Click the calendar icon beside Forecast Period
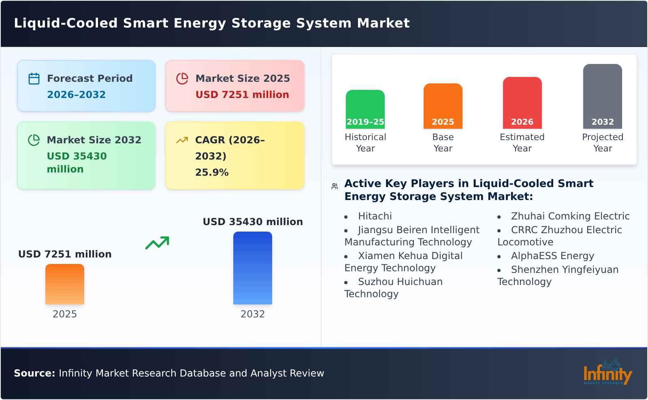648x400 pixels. pos(34,79)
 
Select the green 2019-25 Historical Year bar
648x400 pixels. pos(365,109)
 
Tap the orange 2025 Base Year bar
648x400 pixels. pos(443,106)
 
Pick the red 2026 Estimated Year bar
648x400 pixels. pos(522,102)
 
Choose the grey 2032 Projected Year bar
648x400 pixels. pos(602,96)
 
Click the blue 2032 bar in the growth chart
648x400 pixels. pos(252,268)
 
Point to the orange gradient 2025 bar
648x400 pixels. pos(65,284)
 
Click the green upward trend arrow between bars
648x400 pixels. pos(157,243)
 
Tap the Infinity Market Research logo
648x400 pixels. pos(607,372)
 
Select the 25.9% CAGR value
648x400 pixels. pos(212,172)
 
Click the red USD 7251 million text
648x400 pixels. pos(242,95)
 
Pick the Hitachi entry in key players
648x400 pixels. pos(375,216)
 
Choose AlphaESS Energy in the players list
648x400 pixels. pos(552,256)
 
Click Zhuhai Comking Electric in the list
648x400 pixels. pos(570,216)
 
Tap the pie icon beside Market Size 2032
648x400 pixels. pos(34,140)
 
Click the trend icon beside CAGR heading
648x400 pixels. pos(182,140)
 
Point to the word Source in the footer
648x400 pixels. pos(34,373)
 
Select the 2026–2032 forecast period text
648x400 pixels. pos(76,95)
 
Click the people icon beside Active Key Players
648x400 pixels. pos(335,186)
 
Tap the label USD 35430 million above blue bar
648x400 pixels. pos(253,222)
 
